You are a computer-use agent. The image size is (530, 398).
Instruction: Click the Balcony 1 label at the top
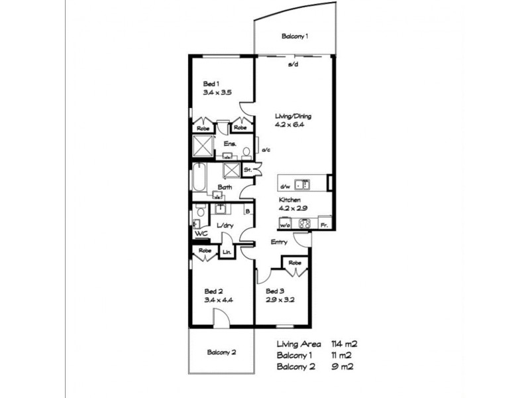click(295, 36)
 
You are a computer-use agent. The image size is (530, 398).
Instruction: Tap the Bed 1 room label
click(211, 84)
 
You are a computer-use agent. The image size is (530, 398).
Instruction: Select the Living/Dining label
click(293, 117)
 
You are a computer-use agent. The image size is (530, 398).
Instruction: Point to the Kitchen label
click(290, 200)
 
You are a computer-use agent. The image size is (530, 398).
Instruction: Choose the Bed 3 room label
click(274, 291)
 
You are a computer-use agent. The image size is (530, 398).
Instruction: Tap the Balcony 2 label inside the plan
click(221, 352)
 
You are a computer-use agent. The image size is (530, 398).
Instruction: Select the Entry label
click(279, 242)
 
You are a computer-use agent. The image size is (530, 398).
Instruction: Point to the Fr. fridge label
click(324, 226)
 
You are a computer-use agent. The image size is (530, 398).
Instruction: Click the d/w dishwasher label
click(286, 186)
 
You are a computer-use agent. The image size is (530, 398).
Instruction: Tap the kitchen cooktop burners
click(305, 224)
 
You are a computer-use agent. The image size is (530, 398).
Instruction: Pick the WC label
click(201, 233)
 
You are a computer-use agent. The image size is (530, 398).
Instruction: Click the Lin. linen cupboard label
click(226, 252)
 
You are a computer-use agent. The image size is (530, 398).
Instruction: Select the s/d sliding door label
click(292, 65)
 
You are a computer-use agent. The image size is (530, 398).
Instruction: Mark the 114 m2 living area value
click(344, 344)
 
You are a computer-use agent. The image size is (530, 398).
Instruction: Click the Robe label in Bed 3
click(294, 263)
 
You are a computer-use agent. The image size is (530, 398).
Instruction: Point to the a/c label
click(266, 150)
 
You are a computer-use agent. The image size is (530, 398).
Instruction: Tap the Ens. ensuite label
click(229, 143)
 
